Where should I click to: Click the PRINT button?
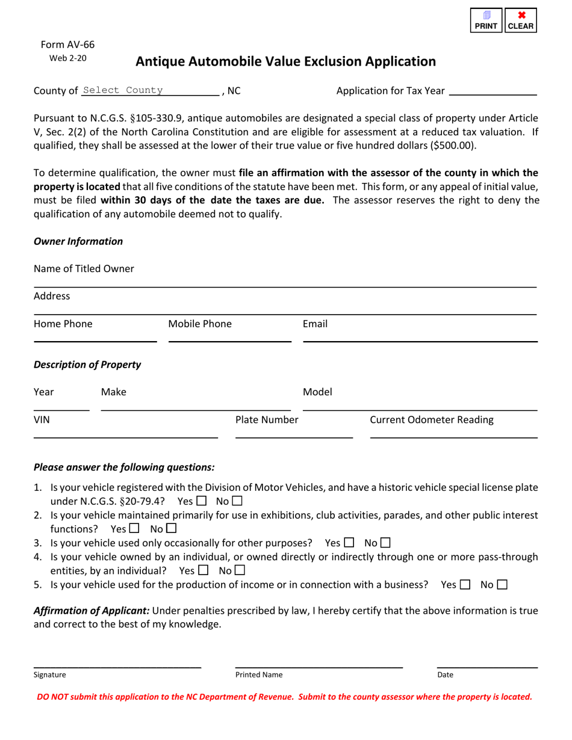coord(487,20)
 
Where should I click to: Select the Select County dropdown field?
coord(150,90)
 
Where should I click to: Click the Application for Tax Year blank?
coord(493,90)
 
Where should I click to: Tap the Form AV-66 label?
coord(67,45)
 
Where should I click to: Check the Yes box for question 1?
coord(202,501)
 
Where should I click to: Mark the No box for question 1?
coord(237,501)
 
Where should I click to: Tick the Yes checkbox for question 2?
coord(134,529)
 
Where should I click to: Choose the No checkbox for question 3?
coord(385,543)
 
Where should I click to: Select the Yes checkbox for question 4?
coord(203,570)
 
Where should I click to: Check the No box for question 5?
coord(503,584)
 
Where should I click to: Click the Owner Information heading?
coord(78,241)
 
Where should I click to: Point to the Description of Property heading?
coord(87,365)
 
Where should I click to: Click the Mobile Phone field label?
coord(200,324)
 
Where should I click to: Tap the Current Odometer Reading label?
coord(432,420)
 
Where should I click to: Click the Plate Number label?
coord(267,420)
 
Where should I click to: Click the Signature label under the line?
coord(50,675)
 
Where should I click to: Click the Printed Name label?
coord(259,675)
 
